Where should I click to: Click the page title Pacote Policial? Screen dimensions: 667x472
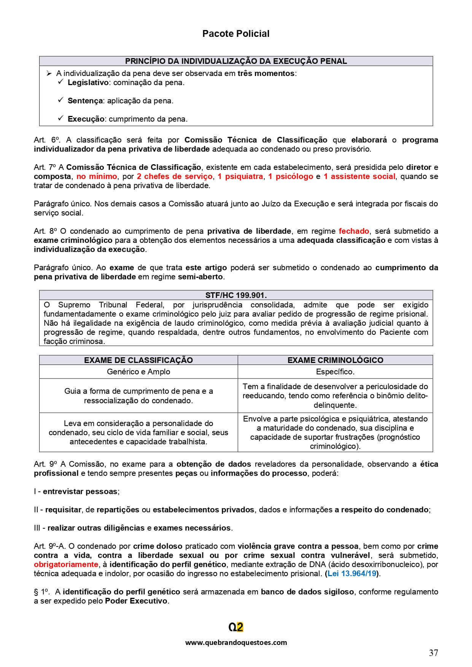click(x=235, y=34)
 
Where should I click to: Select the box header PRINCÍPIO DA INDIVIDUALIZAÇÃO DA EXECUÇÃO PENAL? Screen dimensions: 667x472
click(x=236, y=61)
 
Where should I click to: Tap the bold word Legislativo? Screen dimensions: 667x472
click(x=88, y=82)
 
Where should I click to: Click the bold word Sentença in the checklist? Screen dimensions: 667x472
click(x=85, y=101)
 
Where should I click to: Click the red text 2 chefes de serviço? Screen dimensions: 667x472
click(x=174, y=176)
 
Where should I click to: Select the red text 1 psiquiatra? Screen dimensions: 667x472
click(x=240, y=176)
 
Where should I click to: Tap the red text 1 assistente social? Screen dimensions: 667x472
click(x=359, y=176)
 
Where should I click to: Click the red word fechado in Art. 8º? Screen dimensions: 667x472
click(x=354, y=231)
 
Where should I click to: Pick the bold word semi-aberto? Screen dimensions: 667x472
click(x=200, y=277)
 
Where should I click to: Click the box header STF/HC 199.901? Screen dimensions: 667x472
click(x=236, y=295)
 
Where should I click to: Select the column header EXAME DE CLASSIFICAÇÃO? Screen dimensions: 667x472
click(x=138, y=360)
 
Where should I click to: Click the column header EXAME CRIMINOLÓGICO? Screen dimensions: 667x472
click(x=335, y=360)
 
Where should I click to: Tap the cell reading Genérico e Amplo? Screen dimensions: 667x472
click(x=138, y=372)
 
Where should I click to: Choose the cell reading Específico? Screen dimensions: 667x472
click(x=335, y=372)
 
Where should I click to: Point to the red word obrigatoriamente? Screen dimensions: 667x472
click(x=66, y=564)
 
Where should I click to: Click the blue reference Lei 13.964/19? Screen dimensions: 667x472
click(x=352, y=574)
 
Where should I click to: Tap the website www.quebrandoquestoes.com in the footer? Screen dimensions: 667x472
click(x=236, y=643)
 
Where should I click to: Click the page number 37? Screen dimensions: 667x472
click(x=433, y=653)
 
